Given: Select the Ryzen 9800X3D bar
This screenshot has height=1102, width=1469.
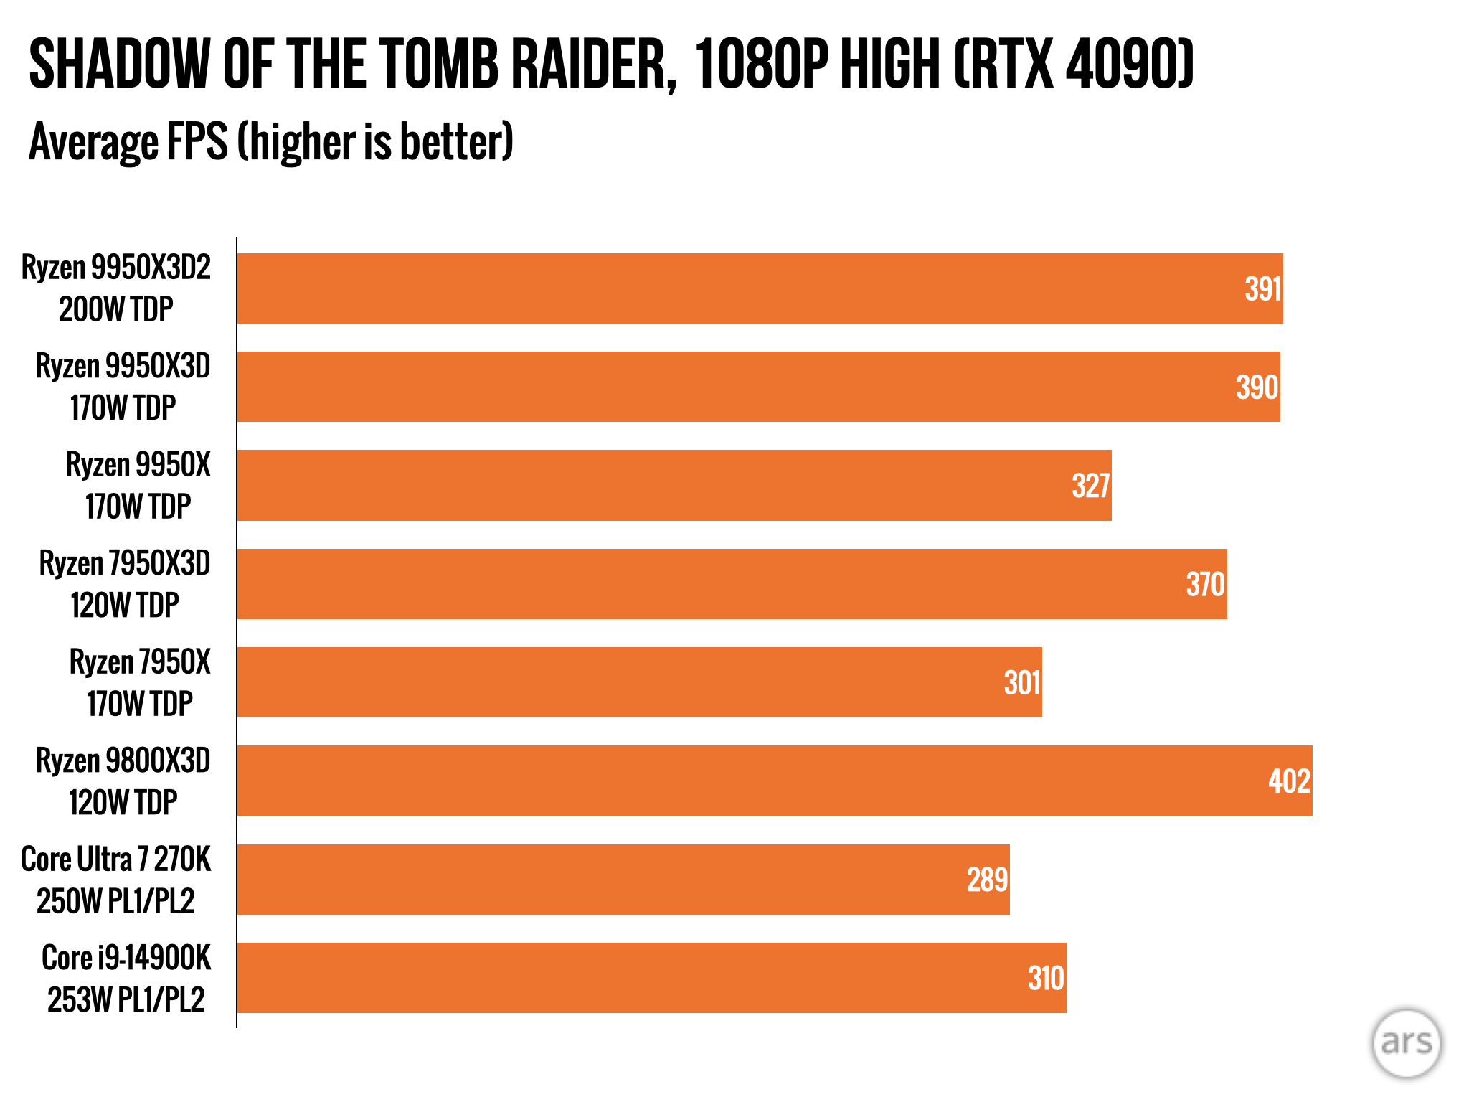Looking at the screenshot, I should pos(775,781).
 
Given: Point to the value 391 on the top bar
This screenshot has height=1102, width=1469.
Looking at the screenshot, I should pos(1262,289).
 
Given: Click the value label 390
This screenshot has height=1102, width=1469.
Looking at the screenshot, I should pos(1257,387).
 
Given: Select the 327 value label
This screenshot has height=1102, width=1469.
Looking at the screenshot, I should pos(1090,486).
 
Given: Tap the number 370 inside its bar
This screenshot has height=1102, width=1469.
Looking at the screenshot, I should pos(1205,584).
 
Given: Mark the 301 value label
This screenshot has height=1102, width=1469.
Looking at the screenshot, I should pos(1021,682).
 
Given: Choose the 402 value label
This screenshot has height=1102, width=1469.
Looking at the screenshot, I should pos(1289,781).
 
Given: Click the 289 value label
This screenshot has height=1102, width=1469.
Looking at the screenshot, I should pos(987,880).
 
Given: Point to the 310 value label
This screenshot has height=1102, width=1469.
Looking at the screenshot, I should pos(1045,978).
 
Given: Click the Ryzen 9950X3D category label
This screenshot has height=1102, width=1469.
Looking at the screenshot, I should pos(123,387).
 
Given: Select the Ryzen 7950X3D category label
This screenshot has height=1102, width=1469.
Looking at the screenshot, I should pos(124,584).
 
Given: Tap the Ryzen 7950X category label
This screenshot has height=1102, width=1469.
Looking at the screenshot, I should pos(140,682).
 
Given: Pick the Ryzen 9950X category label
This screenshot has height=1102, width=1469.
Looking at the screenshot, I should pos(138,486).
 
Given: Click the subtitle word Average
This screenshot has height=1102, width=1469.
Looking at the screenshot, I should pos(92,141).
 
